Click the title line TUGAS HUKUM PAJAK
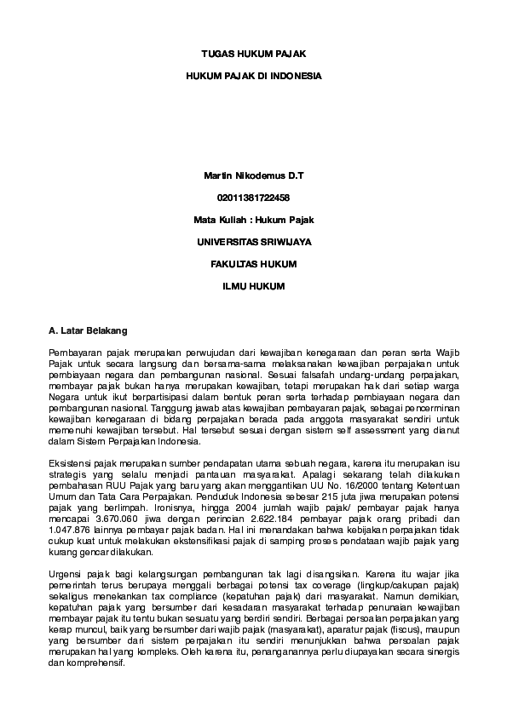(253, 53)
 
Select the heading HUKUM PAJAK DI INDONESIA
(253, 76)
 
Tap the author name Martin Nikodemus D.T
(253, 175)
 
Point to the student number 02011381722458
(253, 198)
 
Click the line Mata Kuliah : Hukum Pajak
(253, 220)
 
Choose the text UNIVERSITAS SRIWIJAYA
(253, 242)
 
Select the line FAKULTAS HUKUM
(253, 264)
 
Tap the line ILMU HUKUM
(253, 286)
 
